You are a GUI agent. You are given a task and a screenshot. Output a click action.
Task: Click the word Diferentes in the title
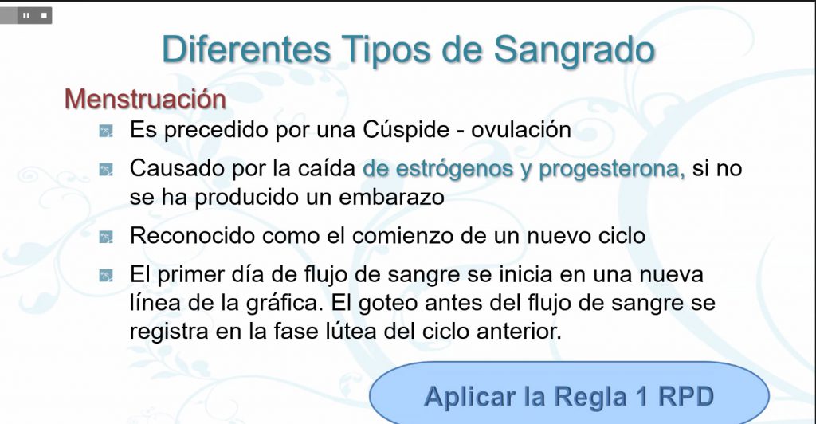click(247, 49)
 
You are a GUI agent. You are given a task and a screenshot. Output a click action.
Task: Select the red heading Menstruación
click(145, 98)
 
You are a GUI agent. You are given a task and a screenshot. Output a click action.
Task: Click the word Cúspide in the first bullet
click(406, 130)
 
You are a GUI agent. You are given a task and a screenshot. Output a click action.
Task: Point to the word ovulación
click(521, 130)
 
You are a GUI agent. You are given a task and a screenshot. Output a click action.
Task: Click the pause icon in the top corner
click(26, 16)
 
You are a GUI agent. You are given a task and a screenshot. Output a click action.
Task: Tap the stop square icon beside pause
click(45, 16)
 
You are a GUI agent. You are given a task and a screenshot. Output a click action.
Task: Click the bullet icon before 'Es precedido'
click(106, 131)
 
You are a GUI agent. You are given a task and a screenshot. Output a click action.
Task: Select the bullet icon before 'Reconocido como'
click(106, 237)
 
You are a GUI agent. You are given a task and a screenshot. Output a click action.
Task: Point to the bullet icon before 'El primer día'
click(106, 275)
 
